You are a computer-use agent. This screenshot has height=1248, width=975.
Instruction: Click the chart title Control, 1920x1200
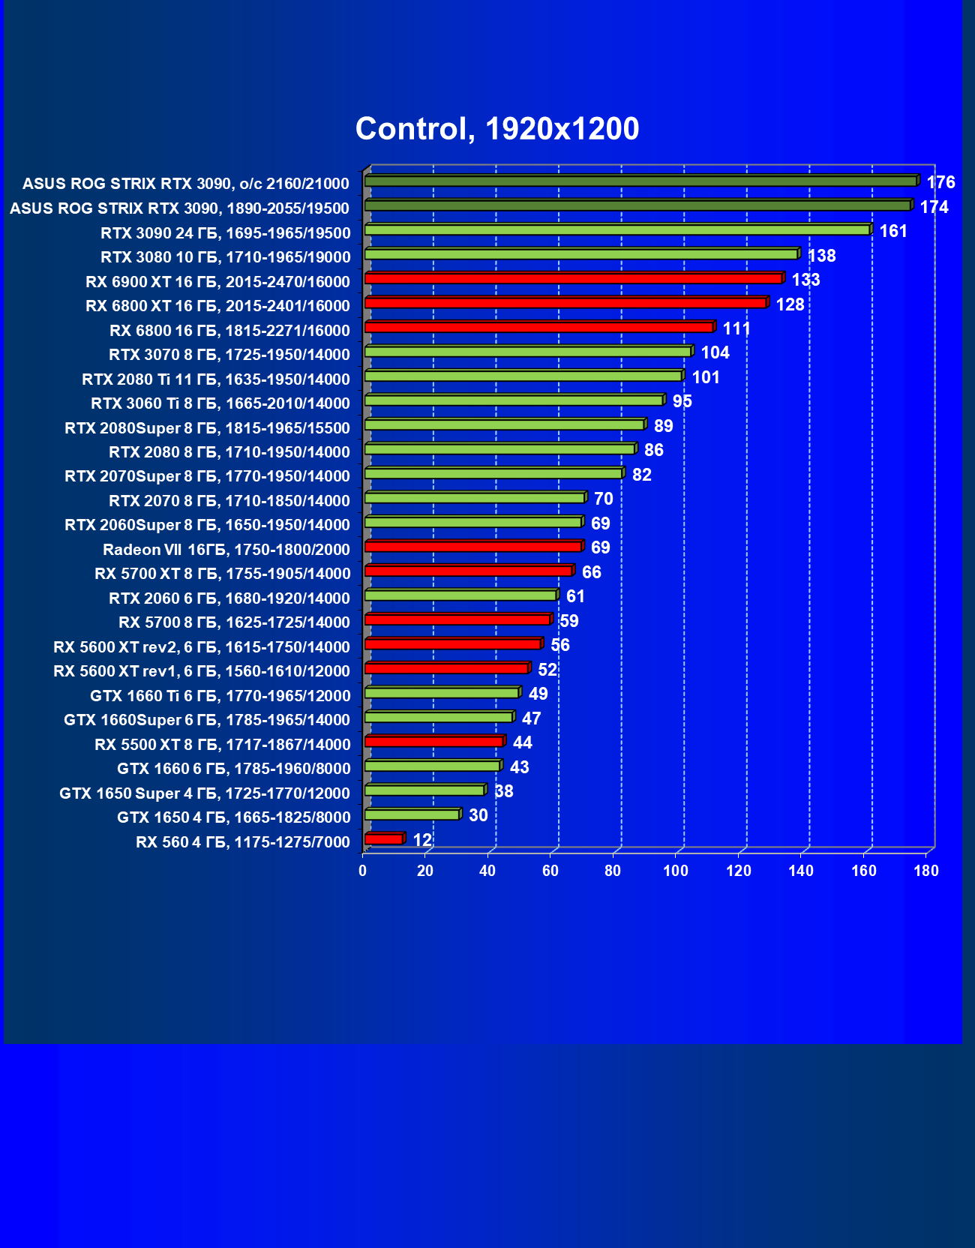point(497,129)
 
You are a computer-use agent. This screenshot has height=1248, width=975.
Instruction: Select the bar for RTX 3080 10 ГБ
point(581,254)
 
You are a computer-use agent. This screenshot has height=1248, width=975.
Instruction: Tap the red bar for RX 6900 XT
point(574,279)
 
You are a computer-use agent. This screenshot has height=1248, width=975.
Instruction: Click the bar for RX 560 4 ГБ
point(384,839)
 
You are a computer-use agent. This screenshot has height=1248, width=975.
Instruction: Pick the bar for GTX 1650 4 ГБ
point(412,814)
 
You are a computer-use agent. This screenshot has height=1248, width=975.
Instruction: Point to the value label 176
point(940,182)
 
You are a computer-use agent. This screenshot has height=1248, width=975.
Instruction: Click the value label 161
point(893,231)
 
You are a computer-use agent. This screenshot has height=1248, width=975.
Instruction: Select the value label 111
point(736,328)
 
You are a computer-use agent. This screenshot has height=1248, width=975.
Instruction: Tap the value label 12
point(422,840)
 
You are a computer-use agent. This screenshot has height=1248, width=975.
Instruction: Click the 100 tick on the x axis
point(676,871)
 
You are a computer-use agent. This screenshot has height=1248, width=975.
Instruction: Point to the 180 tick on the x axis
point(926,871)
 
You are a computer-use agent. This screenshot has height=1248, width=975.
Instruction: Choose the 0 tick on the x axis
point(363,871)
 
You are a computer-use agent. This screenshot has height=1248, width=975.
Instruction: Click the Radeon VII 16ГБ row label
point(226,550)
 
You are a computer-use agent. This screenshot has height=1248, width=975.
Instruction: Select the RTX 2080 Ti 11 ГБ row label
point(216,379)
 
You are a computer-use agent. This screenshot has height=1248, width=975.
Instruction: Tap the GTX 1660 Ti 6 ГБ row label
point(220,696)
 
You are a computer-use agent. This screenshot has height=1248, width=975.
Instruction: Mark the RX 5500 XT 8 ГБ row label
point(222,745)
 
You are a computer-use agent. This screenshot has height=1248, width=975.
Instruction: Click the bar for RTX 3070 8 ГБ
point(528,352)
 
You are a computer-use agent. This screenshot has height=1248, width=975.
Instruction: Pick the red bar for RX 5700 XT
point(469,571)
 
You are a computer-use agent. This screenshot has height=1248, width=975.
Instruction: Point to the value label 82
point(641,475)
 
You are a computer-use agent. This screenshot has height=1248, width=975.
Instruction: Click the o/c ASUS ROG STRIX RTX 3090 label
point(186,184)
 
